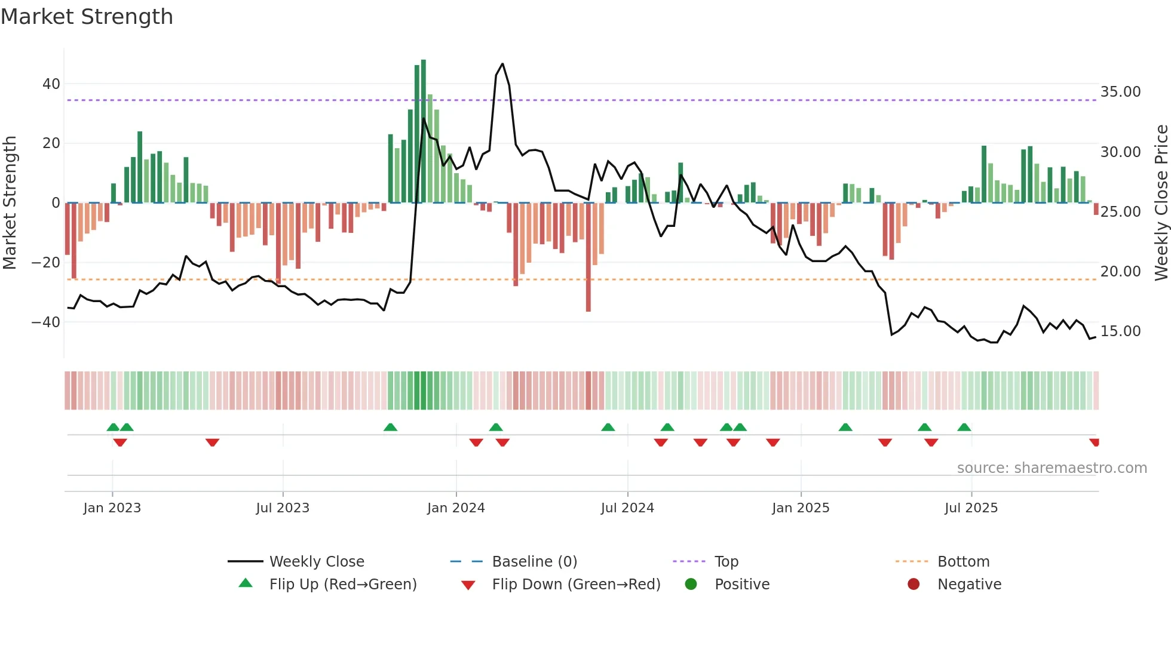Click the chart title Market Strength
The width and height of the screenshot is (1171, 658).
click(x=87, y=17)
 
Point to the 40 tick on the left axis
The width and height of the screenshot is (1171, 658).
click(x=51, y=84)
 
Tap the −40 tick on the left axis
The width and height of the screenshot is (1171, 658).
click(x=46, y=322)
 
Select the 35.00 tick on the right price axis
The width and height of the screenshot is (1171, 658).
click(x=1120, y=92)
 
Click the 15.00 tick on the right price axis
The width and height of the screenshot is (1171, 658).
click(x=1120, y=331)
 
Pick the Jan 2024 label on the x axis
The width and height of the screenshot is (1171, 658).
click(x=456, y=508)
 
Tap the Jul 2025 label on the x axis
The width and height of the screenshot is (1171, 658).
click(x=971, y=508)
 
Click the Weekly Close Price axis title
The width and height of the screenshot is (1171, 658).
click(x=1161, y=203)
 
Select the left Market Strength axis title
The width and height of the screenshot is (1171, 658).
click(x=10, y=203)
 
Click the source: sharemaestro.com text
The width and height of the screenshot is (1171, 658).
click(x=1052, y=468)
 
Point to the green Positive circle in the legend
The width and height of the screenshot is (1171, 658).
click(x=691, y=585)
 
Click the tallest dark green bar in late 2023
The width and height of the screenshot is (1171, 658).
click(x=424, y=131)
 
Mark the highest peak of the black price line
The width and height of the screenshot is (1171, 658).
click(x=502, y=64)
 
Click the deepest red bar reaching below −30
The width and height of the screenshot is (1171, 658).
click(x=588, y=257)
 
